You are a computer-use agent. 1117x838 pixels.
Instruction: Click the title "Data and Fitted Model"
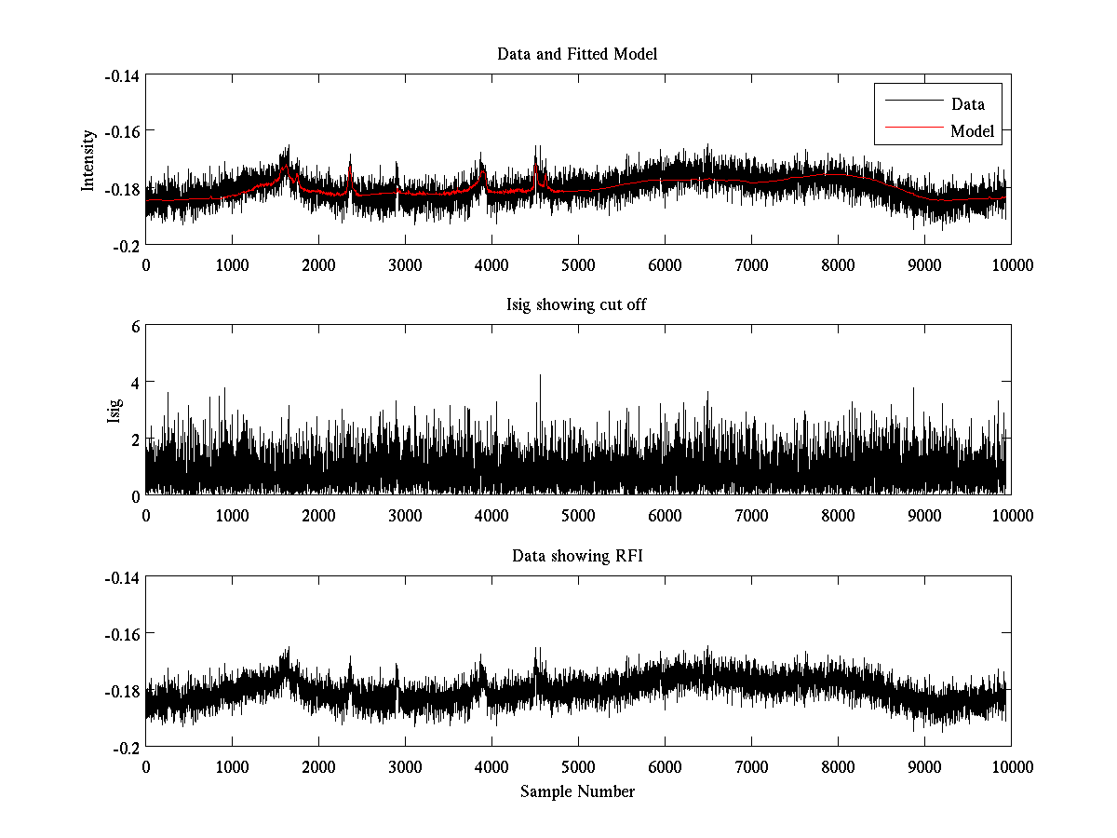pyautogui.click(x=577, y=54)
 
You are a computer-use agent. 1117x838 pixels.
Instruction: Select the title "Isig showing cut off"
pyautogui.click(x=577, y=305)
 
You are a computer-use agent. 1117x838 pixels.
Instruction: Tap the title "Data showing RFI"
pyautogui.click(x=577, y=557)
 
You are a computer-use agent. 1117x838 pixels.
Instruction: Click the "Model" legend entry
pyautogui.click(x=973, y=131)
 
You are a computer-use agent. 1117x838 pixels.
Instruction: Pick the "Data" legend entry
pyautogui.click(x=968, y=104)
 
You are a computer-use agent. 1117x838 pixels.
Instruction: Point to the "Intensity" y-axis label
pyautogui.click(x=88, y=160)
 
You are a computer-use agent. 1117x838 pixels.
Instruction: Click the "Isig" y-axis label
pyautogui.click(x=114, y=411)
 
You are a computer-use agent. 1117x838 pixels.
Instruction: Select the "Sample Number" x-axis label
pyautogui.click(x=577, y=791)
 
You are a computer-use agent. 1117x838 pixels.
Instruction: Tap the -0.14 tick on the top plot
pyautogui.click(x=121, y=75)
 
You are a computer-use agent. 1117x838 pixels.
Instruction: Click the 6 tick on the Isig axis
pyautogui.click(x=135, y=327)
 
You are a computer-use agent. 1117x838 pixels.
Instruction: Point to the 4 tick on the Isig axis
pyautogui.click(x=135, y=383)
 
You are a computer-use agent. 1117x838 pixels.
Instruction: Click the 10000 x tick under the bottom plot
pyautogui.click(x=1011, y=766)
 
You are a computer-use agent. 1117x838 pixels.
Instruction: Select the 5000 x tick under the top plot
pyautogui.click(x=578, y=264)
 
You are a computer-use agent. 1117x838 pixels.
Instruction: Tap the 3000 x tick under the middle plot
pyautogui.click(x=405, y=515)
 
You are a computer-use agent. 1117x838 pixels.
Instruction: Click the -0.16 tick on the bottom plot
pyautogui.click(x=121, y=634)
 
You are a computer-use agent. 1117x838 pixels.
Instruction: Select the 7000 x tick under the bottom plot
pyautogui.click(x=751, y=766)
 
